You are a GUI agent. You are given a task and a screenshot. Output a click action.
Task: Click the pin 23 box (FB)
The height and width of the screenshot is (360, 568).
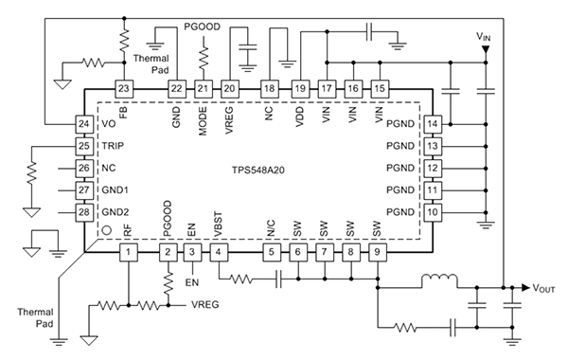pyautogui.click(x=125, y=88)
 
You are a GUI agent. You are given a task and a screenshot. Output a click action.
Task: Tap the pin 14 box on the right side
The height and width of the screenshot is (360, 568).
pyautogui.click(x=433, y=124)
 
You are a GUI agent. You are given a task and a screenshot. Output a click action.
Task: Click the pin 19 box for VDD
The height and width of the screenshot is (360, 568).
pyautogui.click(x=300, y=88)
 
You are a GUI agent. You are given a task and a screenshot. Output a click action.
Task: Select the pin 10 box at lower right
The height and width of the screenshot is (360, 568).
pyautogui.click(x=433, y=211)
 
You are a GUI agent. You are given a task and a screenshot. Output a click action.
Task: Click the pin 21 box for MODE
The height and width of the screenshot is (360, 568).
pyautogui.click(x=203, y=88)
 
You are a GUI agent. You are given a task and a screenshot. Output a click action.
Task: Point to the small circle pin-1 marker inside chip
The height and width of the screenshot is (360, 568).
pyautogui.click(x=107, y=229)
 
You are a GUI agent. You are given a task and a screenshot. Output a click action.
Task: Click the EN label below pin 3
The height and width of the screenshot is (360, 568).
pyautogui.click(x=192, y=282)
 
